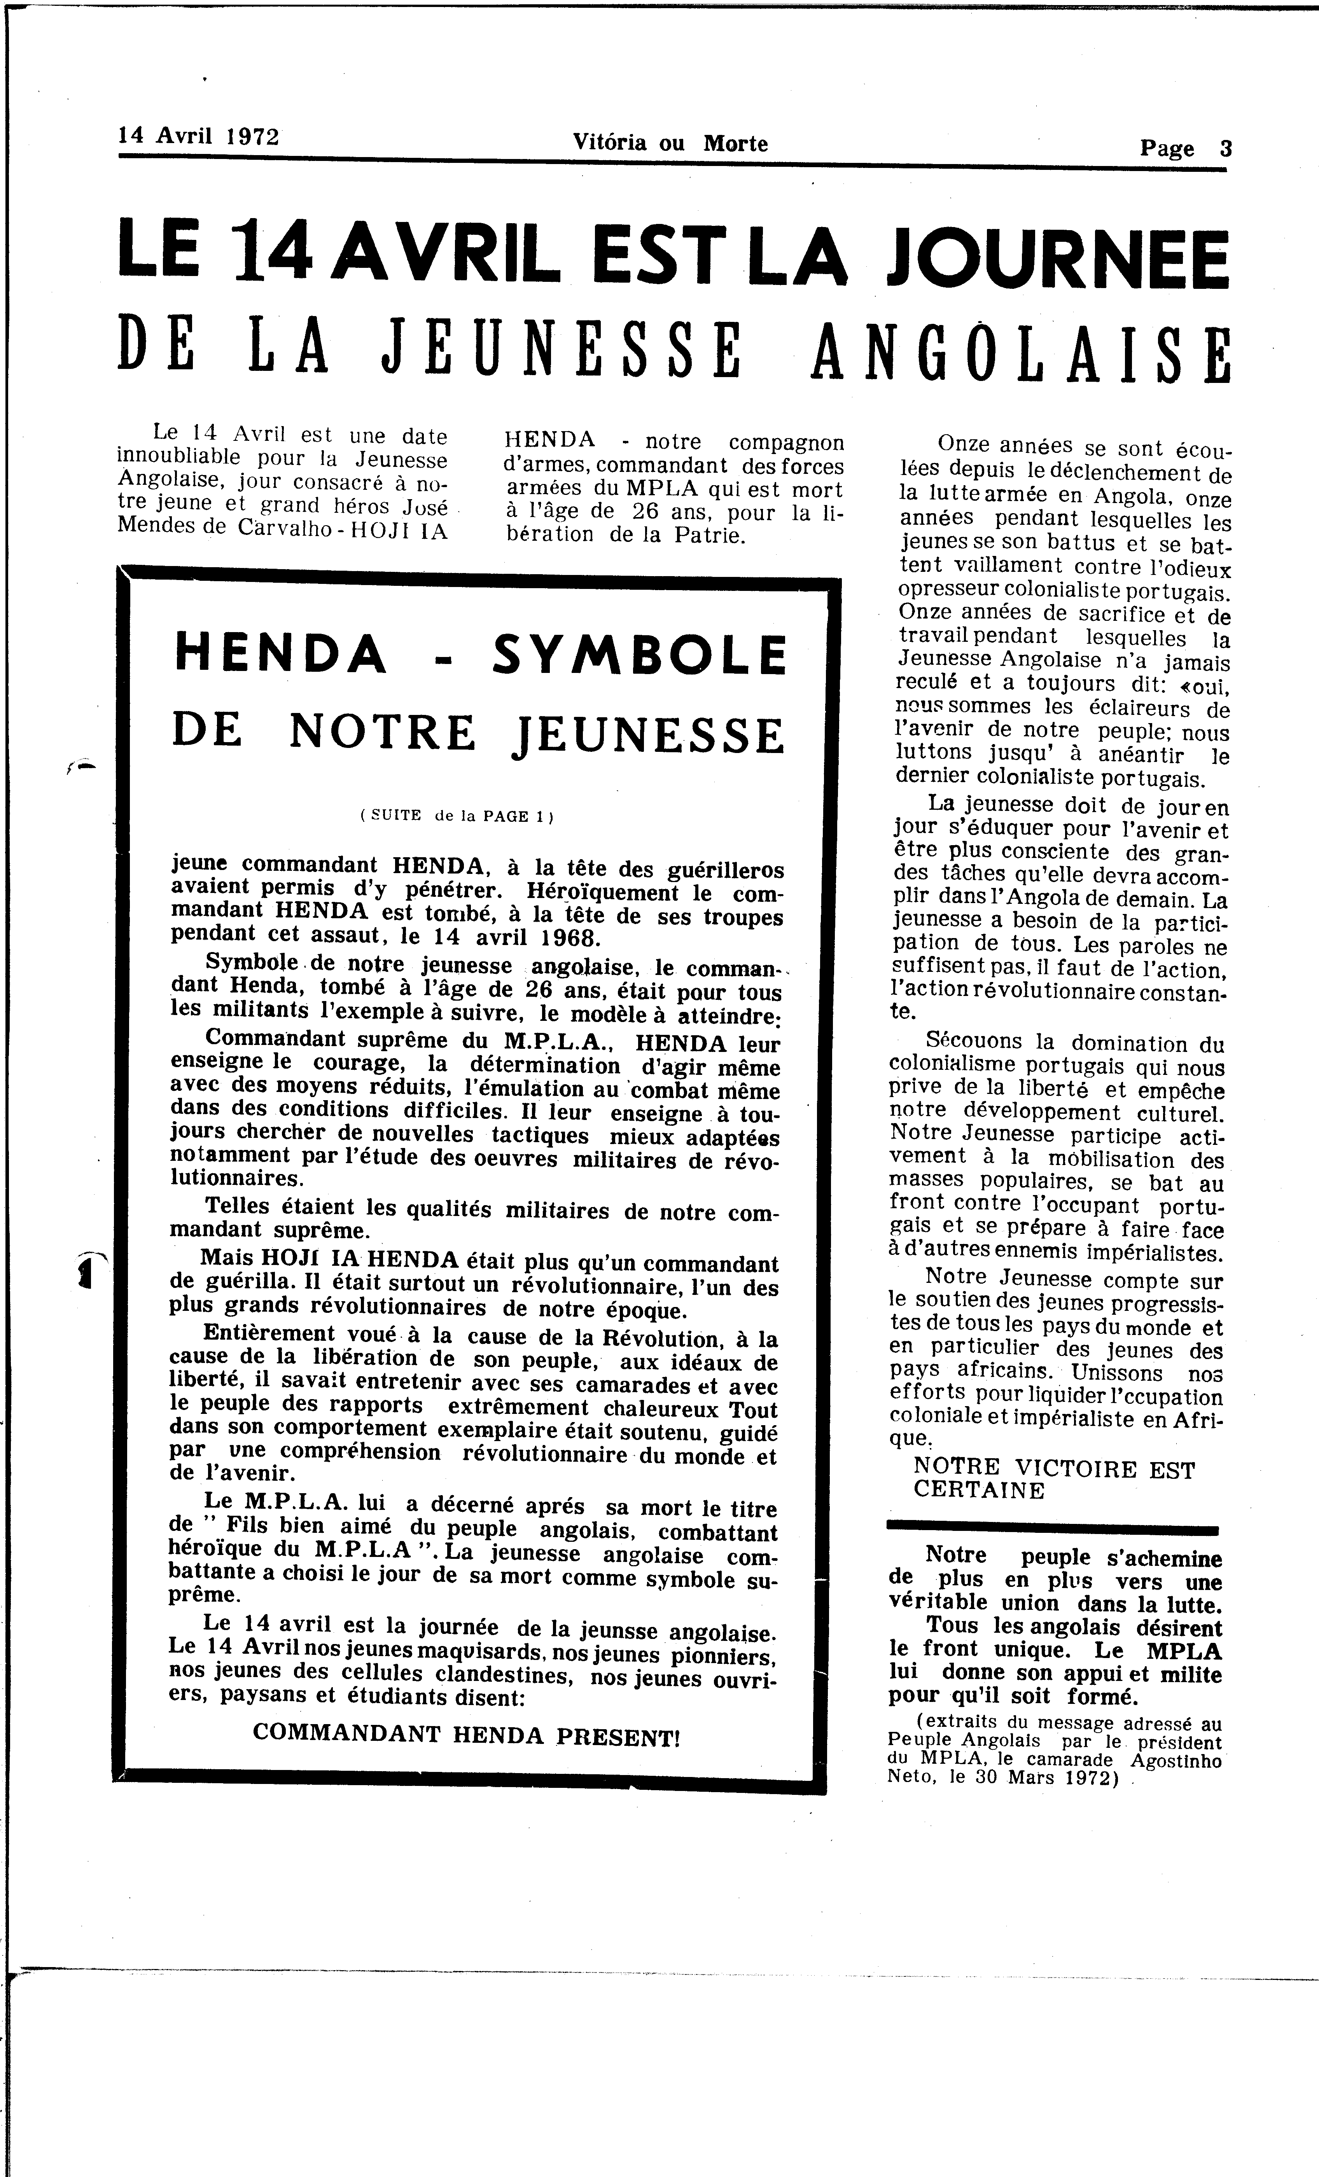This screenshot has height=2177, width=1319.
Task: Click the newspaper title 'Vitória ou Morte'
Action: pos(670,142)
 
